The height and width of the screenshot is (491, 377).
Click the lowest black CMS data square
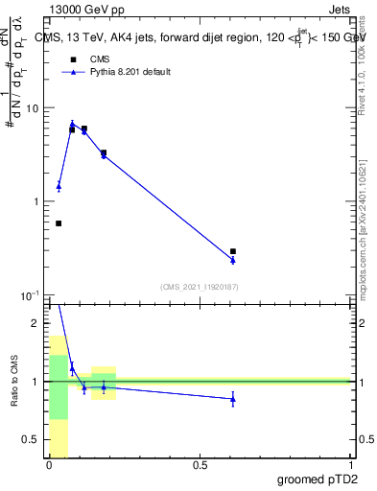tap(59, 223)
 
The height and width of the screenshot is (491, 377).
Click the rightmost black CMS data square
tap(233, 251)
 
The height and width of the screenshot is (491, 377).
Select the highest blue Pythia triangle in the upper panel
tap(72, 124)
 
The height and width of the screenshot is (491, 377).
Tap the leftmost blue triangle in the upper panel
tap(59, 186)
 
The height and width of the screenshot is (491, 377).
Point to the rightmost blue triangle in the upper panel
tap(233, 259)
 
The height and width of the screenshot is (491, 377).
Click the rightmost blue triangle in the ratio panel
tap(233, 399)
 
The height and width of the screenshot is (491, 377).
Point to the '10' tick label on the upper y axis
tap(33, 108)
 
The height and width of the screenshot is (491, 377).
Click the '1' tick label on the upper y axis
tap(37, 201)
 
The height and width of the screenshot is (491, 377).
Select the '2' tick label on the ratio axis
tap(36, 323)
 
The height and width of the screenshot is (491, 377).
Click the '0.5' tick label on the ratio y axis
tap(32, 439)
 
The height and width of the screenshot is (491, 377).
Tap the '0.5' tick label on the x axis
tap(200, 465)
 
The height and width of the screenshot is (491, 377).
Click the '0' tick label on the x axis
tap(49, 465)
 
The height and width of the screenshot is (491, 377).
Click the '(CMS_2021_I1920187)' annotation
tap(200, 287)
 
